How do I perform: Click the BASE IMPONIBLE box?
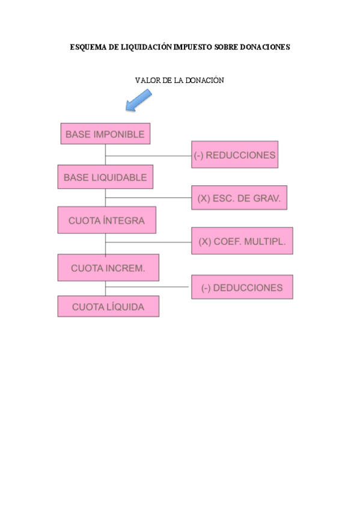pyautogui.click(x=105, y=134)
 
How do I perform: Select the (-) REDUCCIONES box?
pyautogui.click(x=234, y=155)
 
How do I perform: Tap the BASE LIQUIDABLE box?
pyautogui.click(x=105, y=177)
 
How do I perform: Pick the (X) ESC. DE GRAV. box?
pyautogui.click(x=239, y=198)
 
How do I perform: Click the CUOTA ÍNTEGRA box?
pyautogui.click(x=106, y=220)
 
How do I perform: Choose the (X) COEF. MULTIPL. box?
pyautogui.click(x=242, y=241)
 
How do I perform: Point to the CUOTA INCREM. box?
pyautogui.click(x=108, y=268)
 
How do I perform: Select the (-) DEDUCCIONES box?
pyautogui.click(x=242, y=287)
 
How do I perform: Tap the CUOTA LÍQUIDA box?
pyautogui.click(x=108, y=307)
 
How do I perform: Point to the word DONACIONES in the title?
pyautogui.click(x=264, y=46)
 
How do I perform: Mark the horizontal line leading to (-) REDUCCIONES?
pyautogui.click(x=148, y=156)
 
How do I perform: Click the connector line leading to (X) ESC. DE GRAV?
pyautogui.click(x=148, y=197)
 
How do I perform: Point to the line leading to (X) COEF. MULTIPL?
pyautogui.click(x=148, y=242)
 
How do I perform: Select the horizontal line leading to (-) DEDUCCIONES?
pyautogui.click(x=148, y=286)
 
